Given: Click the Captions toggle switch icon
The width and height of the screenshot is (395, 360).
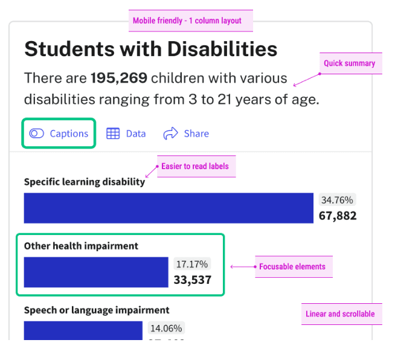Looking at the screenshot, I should pos(36,133).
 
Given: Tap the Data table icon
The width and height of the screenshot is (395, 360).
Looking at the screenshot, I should pos(113,133).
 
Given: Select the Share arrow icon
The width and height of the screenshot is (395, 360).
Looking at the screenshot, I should pos(170,133).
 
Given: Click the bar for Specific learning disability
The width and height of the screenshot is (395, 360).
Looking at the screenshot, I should pos(169,208).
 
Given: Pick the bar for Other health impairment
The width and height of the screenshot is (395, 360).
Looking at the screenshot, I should pos(96,272).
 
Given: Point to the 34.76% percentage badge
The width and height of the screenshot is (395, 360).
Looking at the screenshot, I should pos(337,200).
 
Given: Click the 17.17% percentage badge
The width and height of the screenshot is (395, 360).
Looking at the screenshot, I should pos(191,264).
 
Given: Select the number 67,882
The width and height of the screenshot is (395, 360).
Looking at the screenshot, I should pos(337,216).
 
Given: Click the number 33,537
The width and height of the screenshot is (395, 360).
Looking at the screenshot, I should pos(192,280).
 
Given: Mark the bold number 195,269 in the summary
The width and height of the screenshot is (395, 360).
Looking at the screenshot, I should pos(118,78).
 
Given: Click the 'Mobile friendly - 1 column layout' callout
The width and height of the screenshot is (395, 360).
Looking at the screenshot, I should pos(187,21).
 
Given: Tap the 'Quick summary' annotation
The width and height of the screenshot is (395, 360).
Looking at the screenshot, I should pos(350,63).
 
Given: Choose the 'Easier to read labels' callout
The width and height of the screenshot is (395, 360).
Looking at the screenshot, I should pos(195,166).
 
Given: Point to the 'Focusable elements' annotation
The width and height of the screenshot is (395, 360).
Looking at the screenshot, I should pos(292,266).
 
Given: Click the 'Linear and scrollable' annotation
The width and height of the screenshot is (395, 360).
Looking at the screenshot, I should pos(341,313).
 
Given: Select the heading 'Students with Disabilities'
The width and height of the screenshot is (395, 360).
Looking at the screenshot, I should pos(151,49).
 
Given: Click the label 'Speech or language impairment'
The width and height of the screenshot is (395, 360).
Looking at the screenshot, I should pos(97,310).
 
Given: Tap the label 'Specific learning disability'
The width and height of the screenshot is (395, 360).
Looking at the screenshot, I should pos(85,181).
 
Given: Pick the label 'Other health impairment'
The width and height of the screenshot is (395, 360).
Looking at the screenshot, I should pos(81,246).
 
